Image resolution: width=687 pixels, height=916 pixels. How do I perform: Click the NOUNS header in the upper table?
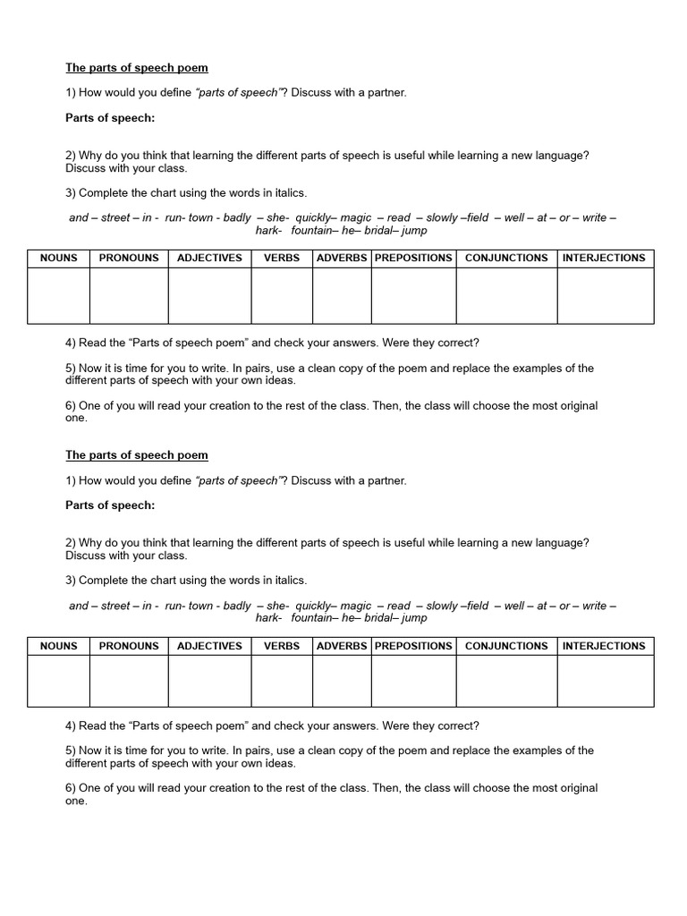click(x=59, y=258)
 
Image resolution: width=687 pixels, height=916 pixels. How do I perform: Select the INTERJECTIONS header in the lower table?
click(x=604, y=646)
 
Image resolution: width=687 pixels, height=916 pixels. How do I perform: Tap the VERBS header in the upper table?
click(x=282, y=258)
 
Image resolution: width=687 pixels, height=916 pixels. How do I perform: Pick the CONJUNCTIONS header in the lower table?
click(x=506, y=646)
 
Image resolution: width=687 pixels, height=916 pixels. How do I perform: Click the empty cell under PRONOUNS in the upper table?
click(x=129, y=295)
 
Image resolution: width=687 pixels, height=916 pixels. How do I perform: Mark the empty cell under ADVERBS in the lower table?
click(x=342, y=682)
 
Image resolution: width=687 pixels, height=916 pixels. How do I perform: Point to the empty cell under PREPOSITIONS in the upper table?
click(x=413, y=295)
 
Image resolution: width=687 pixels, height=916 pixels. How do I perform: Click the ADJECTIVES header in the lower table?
click(x=209, y=646)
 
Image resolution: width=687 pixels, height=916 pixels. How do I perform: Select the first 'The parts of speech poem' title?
click(x=137, y=68)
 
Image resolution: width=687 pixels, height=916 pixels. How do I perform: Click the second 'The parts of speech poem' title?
click(x=137, y=455)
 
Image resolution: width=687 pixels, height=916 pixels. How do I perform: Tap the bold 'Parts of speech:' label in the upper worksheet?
click(x=110, y=118)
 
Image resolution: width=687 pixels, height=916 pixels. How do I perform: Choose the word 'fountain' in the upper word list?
click(x=311, y=231)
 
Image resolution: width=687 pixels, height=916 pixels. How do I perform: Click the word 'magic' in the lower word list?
click(x=356, y=606)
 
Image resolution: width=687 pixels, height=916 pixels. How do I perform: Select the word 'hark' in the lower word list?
click(x=267, y=618)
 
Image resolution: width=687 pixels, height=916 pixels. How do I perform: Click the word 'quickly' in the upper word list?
click(x=314, y=217)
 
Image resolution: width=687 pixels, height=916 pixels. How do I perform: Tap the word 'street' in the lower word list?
click(x=115, y=606)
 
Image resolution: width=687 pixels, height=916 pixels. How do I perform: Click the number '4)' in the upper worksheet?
click(x=71, y=343)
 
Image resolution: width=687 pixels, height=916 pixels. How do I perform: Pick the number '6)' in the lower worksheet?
click(x=71, y=788)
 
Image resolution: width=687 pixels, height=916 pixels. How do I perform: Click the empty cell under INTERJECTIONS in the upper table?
click(x=606, y=295)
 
